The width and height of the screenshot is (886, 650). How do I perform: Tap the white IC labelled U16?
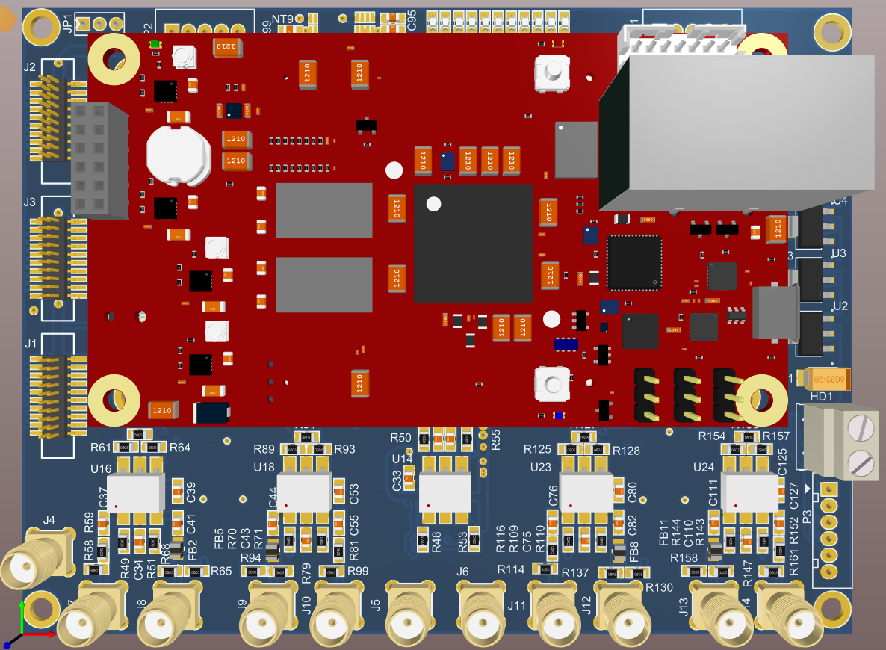tap(135, 492)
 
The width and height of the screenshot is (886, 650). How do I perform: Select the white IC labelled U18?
tap(303, 492)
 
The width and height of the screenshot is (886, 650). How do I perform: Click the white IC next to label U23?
tap(586, 491)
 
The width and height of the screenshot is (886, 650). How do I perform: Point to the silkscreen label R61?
tap(101, 448)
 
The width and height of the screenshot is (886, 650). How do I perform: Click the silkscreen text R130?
tap(660, 587)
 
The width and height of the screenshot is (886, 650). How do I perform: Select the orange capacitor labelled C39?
tap(177, 491)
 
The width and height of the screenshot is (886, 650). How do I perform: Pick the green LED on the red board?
tap(155, 45)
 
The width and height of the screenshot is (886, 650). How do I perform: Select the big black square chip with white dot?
tap(472, 243)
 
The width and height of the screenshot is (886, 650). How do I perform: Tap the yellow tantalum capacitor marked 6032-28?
tap(826, 380)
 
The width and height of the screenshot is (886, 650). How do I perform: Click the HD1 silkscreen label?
tap(821, 396)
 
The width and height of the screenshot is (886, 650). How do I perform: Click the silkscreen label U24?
tap(704, 467)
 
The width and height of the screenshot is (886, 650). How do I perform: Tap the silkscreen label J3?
tap(30, 202)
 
